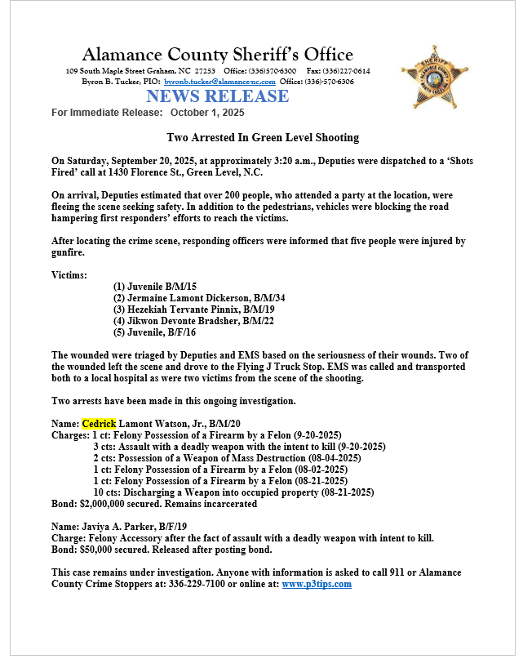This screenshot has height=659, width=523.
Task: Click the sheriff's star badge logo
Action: point(434,78)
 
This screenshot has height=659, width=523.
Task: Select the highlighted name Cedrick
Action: point(100,423)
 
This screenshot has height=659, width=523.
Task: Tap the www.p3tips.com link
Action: point(317,584)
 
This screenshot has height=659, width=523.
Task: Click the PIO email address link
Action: point(219,82)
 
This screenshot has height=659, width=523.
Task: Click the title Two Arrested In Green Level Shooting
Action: point(263,137)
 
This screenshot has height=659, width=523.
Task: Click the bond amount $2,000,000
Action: point(111,504)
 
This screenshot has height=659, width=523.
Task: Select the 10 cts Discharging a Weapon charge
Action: point(233,492)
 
